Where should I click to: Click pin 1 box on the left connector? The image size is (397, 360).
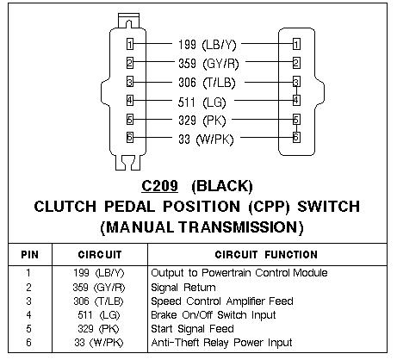(x=130, y=45)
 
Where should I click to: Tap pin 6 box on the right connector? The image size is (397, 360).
(x=296, y=137)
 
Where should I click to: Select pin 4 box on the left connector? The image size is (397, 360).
(x=130, y=101)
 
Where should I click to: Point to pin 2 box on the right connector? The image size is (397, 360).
(x=296, y=63)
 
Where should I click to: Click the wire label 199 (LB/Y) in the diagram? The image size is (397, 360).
(x=208, y=45)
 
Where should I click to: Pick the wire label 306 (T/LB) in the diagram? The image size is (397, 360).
(x=207, y=83)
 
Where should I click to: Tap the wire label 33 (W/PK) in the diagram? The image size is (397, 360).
(x=206, y=140)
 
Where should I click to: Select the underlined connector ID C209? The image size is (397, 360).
(x=159, y=186)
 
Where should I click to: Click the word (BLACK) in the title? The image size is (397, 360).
(x=222, y=186)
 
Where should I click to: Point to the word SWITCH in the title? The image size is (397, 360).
(x=328, y=207)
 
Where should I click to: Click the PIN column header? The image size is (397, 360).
(x=29, y=255)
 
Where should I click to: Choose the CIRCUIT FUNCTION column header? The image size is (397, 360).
(x=266, y=255)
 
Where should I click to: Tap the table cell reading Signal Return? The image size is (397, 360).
(x=183, y=288)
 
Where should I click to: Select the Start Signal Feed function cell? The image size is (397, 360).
(x=192, y=329)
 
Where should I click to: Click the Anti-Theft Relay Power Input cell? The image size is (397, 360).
(x=221, y=343)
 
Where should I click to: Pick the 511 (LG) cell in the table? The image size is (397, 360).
(x=98, y=315)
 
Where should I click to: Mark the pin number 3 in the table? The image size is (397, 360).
(x=28, y=301)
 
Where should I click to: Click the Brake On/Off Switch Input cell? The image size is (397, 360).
(x=214, y=315)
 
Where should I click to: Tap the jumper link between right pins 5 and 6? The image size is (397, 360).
(x=296, y=128)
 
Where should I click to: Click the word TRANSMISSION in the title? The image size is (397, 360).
(x=241, y=227)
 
